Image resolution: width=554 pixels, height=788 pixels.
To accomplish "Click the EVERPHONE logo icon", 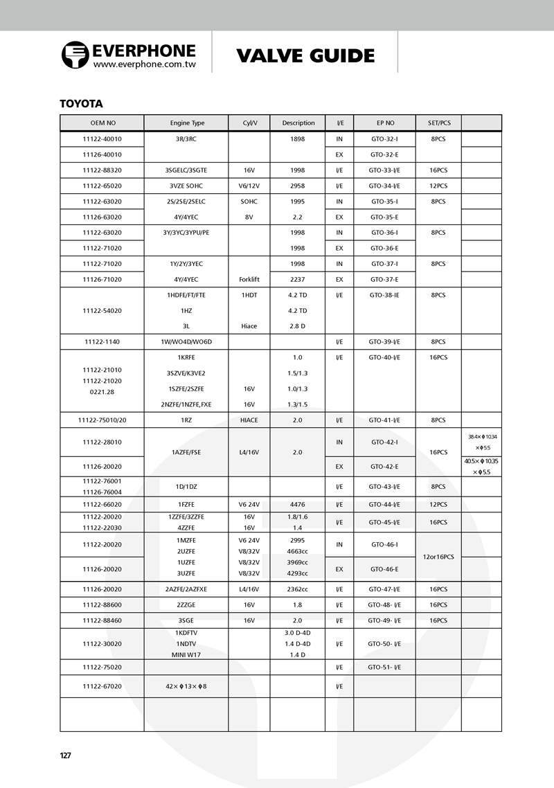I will (75, 55).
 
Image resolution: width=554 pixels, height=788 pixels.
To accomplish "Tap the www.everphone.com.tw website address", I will (144, 64).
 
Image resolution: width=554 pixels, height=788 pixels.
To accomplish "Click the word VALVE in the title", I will (271, 55).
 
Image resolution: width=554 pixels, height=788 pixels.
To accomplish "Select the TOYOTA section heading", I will (82, 104).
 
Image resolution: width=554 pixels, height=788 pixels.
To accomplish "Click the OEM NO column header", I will (102, 123).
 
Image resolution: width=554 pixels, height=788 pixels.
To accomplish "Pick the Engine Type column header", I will (187, 123).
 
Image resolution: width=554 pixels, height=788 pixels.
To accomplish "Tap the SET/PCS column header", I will (438, 123).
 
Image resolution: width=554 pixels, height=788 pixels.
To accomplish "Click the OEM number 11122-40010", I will (102, 138).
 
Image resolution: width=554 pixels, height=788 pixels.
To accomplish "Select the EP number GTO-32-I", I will (384, 138).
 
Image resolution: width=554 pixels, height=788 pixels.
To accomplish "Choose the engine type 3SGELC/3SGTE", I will (187, 170).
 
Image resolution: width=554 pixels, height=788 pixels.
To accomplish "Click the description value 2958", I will (298, 186).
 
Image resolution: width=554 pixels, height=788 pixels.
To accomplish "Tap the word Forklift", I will (249, 280).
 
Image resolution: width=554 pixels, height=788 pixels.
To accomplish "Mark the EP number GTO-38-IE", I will (384, 295).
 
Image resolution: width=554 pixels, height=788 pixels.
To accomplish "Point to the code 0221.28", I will (102, 392).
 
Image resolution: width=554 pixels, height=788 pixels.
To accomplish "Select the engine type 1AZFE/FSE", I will (187, 452).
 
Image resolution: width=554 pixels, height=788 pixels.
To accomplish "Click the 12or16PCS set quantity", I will (438, 557).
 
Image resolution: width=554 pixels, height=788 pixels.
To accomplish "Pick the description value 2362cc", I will (298, 589).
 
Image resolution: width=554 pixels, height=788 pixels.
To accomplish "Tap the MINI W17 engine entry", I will (187, 654).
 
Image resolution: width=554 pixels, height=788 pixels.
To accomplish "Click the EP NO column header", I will (385, 123).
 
